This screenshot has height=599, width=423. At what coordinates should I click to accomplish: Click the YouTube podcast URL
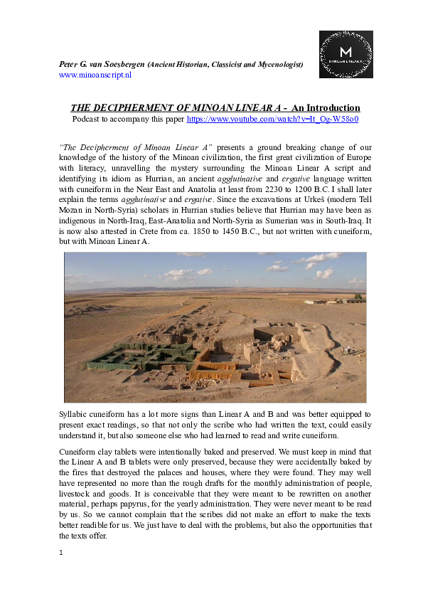tap(272, 120)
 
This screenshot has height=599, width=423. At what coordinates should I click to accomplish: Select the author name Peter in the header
tap(69, 65)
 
